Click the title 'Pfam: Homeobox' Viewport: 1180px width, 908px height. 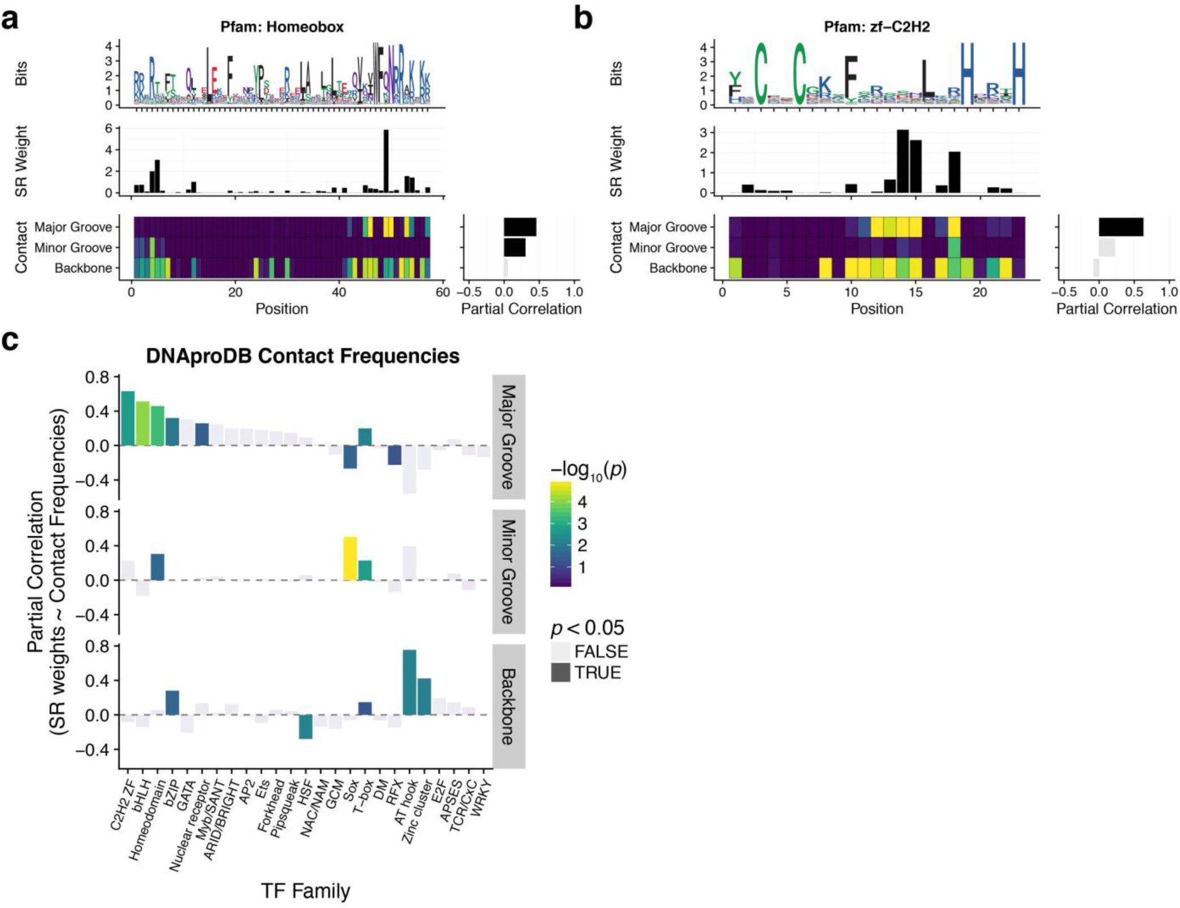[282, 27]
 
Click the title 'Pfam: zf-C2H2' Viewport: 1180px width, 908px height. [876, 27]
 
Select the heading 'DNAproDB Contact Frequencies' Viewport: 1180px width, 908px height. [302, 356]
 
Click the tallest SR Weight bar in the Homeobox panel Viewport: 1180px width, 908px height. [386, 161]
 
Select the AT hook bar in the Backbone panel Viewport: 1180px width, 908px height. [409, 682]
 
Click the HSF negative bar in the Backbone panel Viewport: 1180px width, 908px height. [305, 726]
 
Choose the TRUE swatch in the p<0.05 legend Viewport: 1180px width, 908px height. [560, 673]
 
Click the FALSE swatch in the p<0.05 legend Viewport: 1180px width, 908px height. [560, 651]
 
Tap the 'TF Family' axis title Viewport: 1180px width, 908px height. [305, 891]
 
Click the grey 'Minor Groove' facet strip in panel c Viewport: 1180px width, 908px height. [508, 572]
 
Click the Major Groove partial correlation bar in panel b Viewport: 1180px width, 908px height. [1121, 227]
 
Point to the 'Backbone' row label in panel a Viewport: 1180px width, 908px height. [83, 268]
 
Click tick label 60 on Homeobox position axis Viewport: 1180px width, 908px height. [443, 292]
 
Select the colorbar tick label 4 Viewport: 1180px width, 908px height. [582, 502]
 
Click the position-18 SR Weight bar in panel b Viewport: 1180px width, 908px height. [954, 172]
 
